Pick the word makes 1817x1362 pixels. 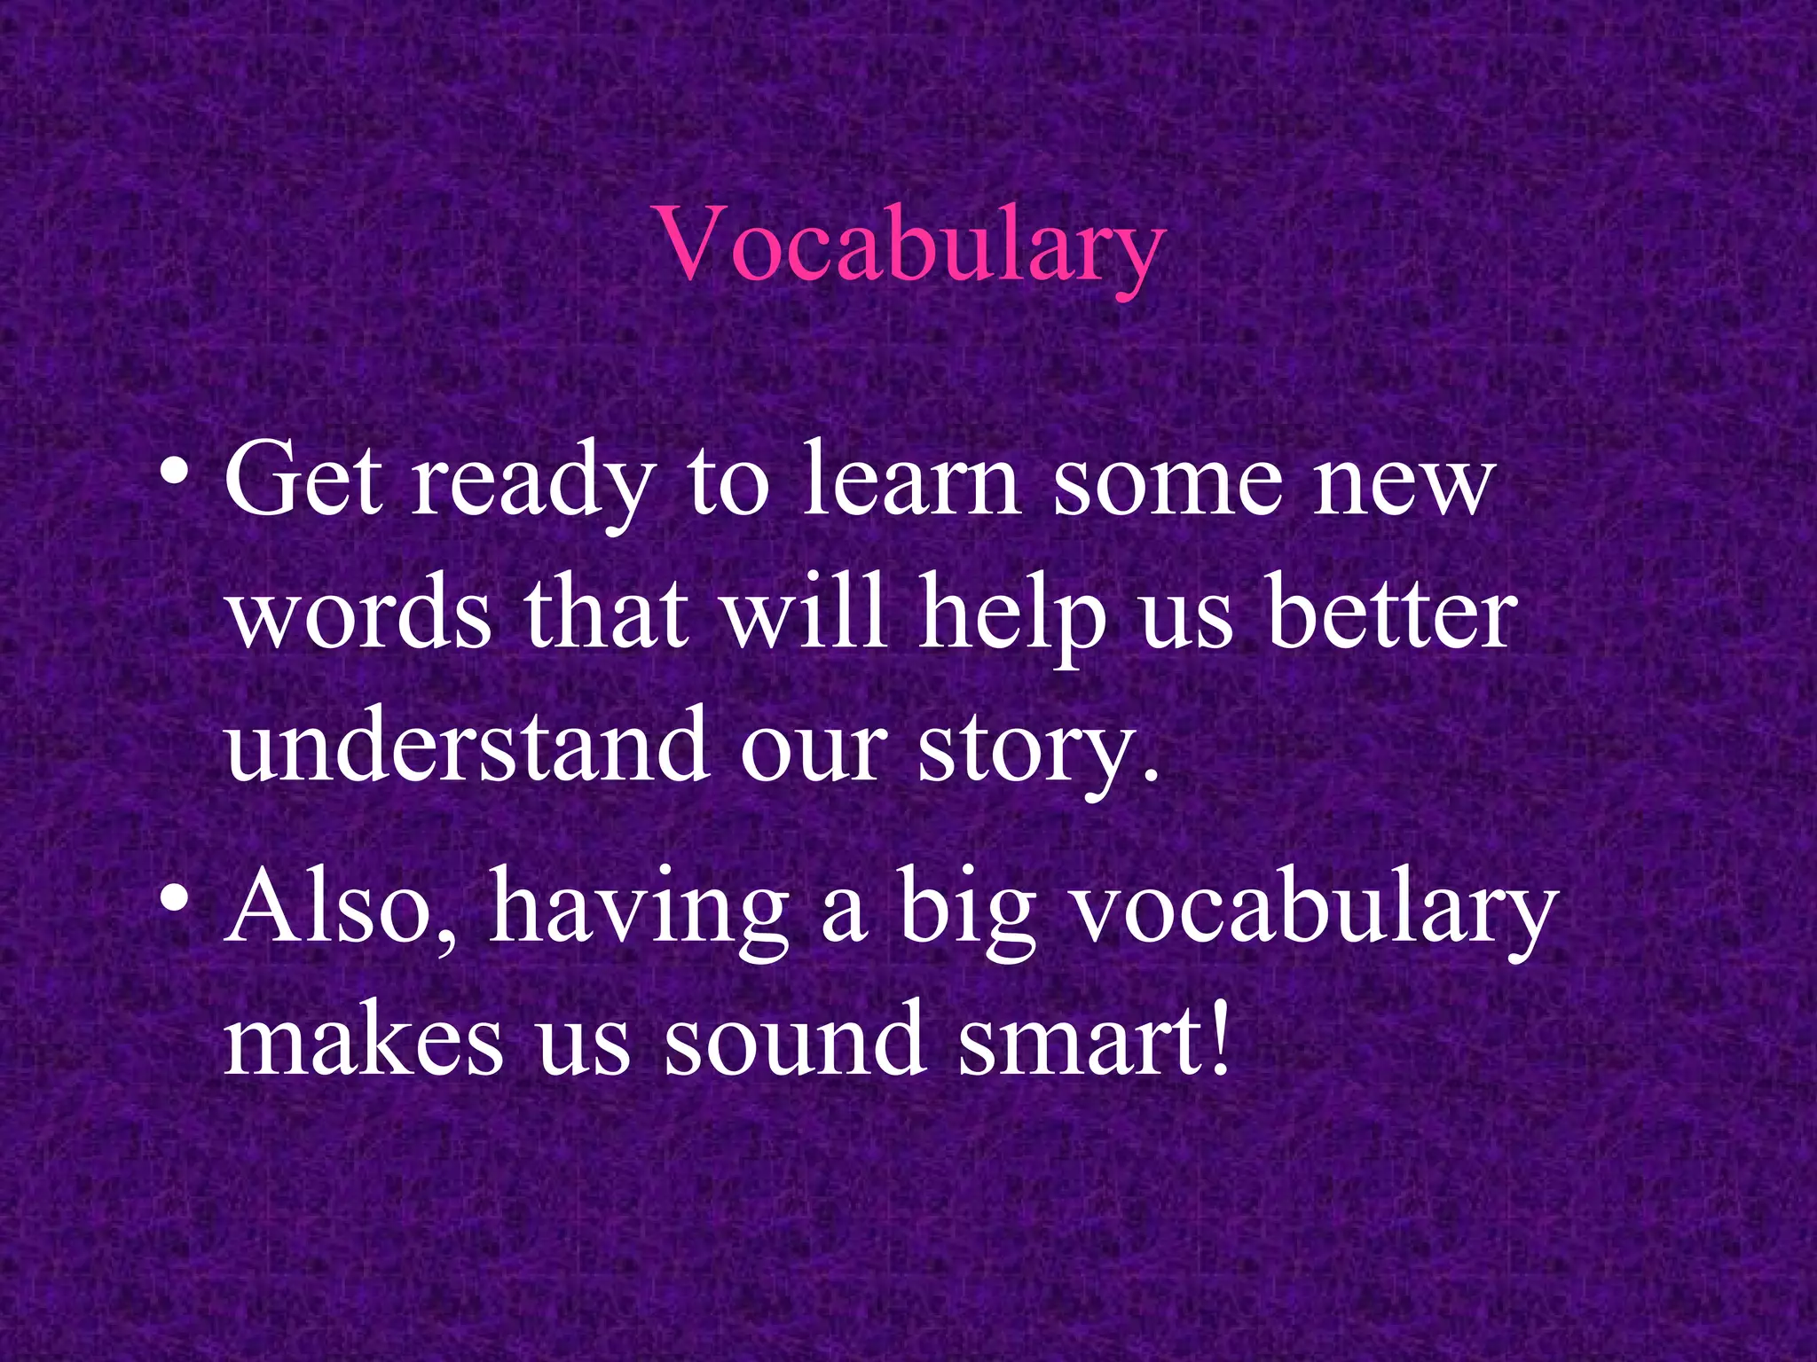click(364, 1037)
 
